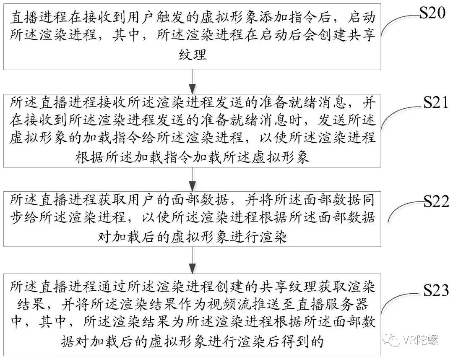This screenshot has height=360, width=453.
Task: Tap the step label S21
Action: pyautogui.click(x=432, y=103)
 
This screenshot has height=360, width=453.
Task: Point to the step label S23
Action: pyautogui.click(x=432, y=290)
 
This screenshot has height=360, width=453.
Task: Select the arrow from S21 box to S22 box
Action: pyautogui.click(x=193, y=178)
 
